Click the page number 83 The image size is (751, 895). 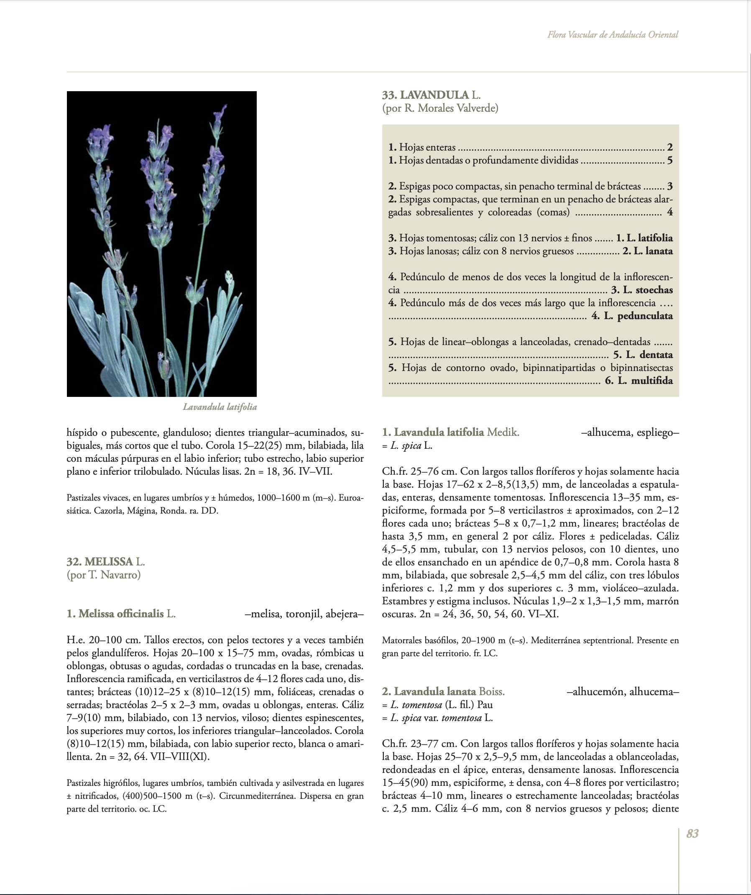692,834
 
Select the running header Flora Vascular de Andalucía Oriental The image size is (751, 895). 613,35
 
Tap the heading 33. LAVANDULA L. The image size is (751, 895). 432,95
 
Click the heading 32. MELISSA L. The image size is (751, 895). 106,561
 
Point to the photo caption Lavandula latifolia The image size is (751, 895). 220,407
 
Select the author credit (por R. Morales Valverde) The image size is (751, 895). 440,108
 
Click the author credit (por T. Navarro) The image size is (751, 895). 104,575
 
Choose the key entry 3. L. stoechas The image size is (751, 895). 641,290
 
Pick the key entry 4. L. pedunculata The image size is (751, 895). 632,316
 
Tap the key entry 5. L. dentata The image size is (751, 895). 643,355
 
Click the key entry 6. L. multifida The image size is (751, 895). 639,381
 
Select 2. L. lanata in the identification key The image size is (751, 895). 647,251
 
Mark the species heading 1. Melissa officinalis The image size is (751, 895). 121,614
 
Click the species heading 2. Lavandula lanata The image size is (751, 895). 443,691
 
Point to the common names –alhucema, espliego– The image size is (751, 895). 630,432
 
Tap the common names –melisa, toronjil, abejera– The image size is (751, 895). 304,614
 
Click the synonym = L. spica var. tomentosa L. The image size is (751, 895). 437,718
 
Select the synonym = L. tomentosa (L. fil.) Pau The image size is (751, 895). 437,704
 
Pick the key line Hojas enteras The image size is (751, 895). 426,148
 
